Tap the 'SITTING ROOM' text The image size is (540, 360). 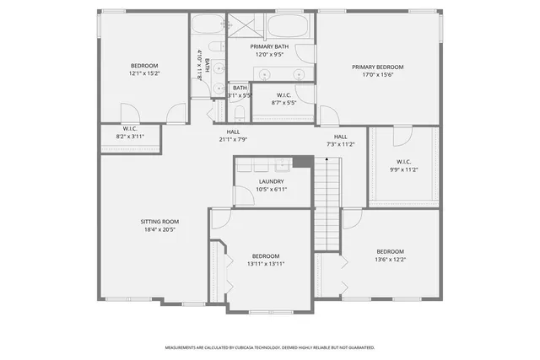tap(159, 222)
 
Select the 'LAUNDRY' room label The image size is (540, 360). tap(271, 181)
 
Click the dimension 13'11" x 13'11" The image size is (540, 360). tap(266, 264)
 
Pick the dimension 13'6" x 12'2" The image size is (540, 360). tap(390, 260)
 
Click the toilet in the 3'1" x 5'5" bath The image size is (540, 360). tap(239, 112)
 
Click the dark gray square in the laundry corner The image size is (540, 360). tap(301, 162)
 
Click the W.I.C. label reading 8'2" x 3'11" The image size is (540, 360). tap(130, 132)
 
